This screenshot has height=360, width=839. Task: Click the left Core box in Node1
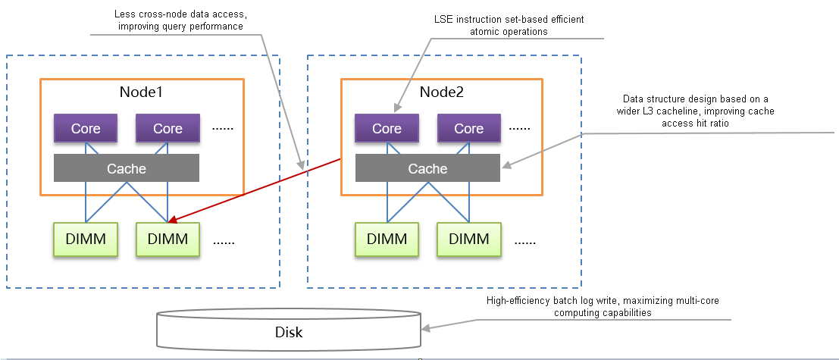point(86,128)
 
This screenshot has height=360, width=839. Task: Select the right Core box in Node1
point(167,128)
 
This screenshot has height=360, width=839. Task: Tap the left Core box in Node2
point(387,128)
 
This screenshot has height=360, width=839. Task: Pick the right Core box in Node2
point(468,128)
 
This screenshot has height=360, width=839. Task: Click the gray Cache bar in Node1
point(126,168)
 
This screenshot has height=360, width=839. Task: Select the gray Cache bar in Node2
point(427,168)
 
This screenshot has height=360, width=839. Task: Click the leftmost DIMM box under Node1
point(86,239)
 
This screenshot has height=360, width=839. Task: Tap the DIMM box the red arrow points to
point(167,239)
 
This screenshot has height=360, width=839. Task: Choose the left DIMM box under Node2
point(387,239)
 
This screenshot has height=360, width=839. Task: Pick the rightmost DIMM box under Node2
point(468,239)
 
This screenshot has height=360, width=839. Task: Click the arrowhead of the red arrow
point(173,221)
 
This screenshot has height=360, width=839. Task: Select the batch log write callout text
point(603,306)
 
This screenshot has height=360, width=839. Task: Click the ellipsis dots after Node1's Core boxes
point(223,129)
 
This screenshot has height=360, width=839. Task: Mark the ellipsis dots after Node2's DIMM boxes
point(525,242)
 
